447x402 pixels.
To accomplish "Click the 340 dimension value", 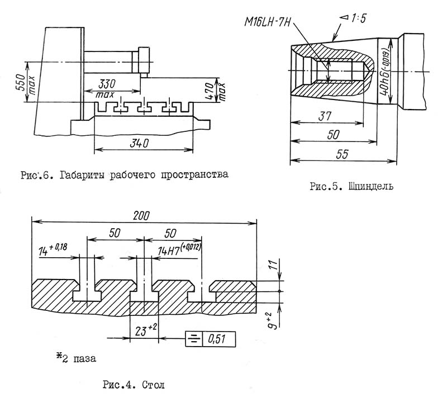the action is (139, 143).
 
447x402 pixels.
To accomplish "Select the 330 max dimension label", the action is (106, 88).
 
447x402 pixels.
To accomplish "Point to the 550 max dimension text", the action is (25, 82).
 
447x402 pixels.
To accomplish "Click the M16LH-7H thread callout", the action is (267, 22).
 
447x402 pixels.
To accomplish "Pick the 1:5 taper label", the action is (354, 18).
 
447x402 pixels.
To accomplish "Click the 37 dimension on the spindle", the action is (325, 116).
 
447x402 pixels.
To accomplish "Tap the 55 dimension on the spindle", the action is (343, 154).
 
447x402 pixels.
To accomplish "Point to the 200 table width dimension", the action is (141, 215).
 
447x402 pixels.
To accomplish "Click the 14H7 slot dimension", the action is (179, 249).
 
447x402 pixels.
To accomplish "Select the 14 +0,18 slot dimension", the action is (53, 249).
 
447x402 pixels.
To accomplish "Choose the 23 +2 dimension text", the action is (145, 330).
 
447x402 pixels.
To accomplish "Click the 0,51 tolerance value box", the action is (219, 339).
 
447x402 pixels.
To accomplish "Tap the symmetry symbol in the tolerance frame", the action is (194, 339).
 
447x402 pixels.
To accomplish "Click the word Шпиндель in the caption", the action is (371, 187).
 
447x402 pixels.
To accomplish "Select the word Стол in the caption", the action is (153, 385).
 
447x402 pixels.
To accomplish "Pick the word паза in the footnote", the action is (85, 358).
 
